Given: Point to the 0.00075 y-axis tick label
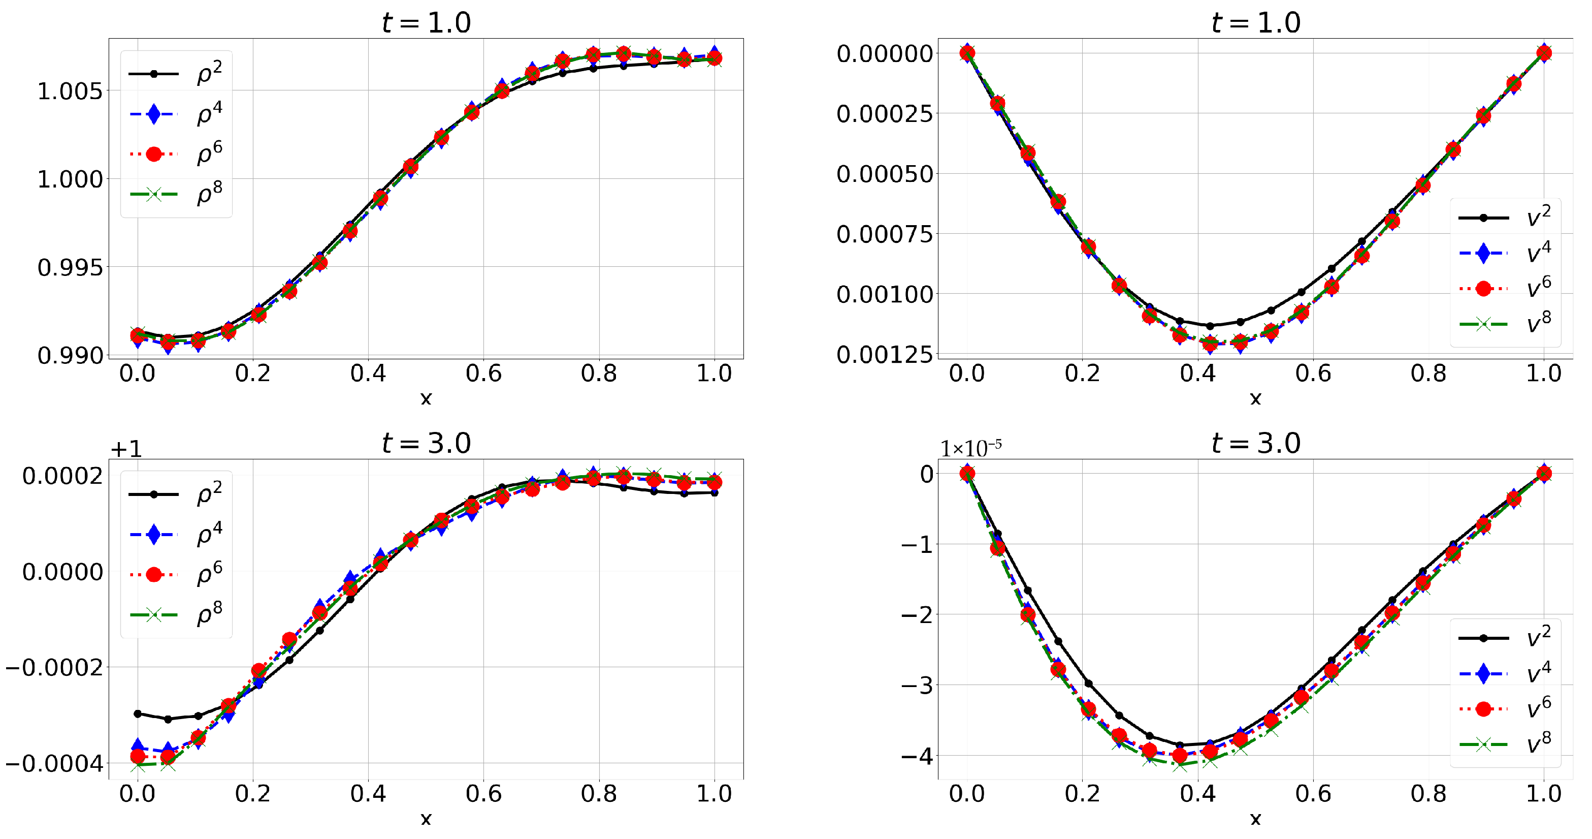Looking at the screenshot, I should point(884,234).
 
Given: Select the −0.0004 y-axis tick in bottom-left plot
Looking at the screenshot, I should point(54,764).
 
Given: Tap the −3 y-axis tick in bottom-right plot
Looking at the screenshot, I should point(917,685).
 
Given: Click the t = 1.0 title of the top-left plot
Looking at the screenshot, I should point(427,23).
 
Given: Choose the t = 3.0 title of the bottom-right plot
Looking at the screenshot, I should point(1256,443).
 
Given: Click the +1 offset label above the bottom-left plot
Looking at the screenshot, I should point(126,448).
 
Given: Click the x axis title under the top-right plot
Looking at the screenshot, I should point(1255,399).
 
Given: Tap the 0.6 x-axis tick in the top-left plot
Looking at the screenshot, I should point(483,374).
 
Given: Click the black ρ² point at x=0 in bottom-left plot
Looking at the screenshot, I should point(138,713).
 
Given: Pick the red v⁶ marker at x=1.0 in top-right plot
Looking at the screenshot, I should point(1544,54).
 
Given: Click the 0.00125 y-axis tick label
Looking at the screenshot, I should point(884,355).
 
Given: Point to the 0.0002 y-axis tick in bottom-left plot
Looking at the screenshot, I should point(62,476).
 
